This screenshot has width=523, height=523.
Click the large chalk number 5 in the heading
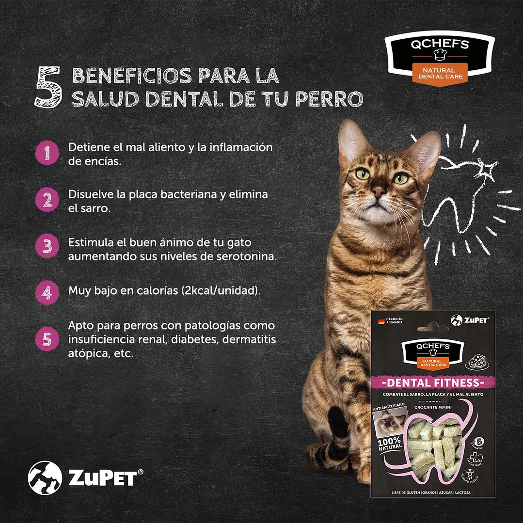tap(48, 87)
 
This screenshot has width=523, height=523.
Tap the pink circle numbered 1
tap(48, 154)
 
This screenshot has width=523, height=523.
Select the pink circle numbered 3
tap(48, 246)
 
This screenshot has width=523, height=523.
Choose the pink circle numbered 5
tap(48, 339)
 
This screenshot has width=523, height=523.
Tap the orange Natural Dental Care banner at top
tap(440, 74)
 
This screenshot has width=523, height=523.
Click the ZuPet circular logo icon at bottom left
tap(45, 477)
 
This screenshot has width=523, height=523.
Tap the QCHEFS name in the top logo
tap(440, 45)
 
